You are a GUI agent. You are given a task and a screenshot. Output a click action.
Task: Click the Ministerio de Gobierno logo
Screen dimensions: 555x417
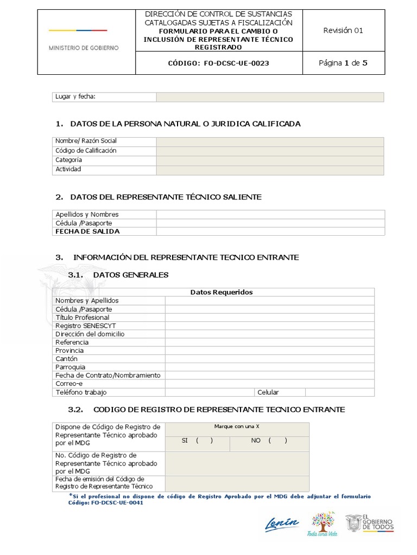(x=84, y=40)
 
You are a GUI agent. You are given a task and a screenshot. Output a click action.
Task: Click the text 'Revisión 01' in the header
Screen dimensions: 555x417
(x=343, y=30)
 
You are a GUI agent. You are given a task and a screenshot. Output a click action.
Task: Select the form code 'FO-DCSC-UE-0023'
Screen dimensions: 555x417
(x=237, y=63)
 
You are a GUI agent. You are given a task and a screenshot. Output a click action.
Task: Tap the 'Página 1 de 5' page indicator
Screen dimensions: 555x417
(x=343, y=63)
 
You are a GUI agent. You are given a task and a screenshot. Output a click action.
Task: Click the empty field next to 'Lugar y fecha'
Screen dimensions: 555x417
(x=270, y=97)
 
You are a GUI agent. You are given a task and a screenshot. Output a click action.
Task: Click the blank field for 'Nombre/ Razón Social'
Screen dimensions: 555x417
(x=270, y=141)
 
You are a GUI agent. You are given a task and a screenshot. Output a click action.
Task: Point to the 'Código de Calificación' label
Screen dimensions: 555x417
(x=86, y=151)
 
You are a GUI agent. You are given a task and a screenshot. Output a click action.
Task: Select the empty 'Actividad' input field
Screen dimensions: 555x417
(x=270, y=170)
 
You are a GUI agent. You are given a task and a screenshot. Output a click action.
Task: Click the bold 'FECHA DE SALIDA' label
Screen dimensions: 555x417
(x=87, y=231)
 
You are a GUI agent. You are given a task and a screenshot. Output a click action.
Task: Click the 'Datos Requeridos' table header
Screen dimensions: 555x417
(x=221, y=292)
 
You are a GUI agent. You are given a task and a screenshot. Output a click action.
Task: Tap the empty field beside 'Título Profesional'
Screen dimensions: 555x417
(x=270, y=318)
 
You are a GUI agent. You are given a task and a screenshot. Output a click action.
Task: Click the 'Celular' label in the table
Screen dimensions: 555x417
(x=268, y=392)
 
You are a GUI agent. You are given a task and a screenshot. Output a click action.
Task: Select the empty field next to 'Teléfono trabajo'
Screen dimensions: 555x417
(x=210, y=392)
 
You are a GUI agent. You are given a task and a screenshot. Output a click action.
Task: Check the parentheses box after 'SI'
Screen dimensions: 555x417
(x=204, y=441)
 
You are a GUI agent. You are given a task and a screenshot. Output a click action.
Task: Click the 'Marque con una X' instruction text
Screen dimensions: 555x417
(x=237, y=427)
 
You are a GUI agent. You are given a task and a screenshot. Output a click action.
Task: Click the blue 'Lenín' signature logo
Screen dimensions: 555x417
(x=282, y=524)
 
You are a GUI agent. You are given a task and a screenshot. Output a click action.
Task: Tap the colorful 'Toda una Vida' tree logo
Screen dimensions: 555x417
(x=323, y=524)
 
